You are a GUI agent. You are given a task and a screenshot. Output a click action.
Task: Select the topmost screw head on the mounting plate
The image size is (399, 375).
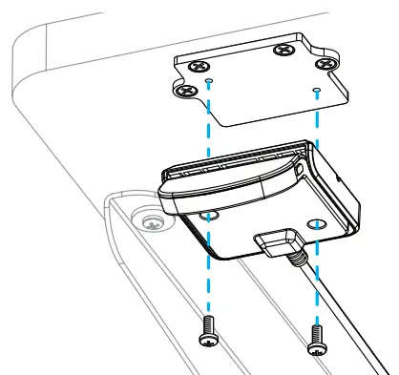tap(283, 49)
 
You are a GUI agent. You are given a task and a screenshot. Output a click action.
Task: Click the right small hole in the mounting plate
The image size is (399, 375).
tap(316, 92)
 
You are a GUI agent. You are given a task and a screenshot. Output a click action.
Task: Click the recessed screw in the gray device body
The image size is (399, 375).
tap(149, 223)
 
